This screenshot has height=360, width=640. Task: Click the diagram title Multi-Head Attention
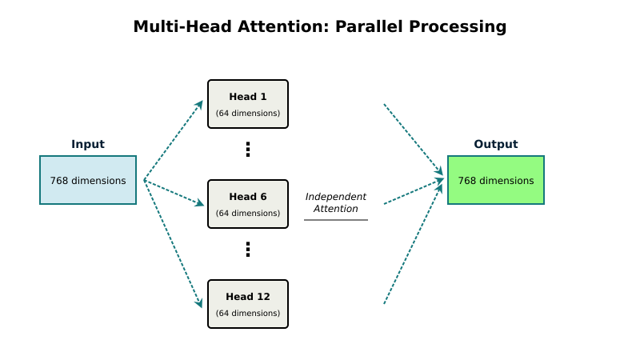click(319, 26)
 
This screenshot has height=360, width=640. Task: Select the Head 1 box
click(247, 103)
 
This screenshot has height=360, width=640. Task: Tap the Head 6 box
click(247, 203)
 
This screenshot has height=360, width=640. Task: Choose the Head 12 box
click(247, 303)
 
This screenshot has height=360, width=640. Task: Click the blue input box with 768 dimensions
click(88, 180)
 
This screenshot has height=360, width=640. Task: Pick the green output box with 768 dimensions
click(495, 180)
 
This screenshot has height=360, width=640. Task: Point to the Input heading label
click(88, 145)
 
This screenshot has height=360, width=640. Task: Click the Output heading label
click(495, 145)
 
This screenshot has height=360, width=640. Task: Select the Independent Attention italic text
click(335, 202)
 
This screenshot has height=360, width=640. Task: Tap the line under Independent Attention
click(335, 220)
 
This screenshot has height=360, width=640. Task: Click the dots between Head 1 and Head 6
click(248, 150)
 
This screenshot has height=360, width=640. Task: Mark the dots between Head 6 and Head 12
click(248, 250)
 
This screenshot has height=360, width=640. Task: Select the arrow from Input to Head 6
click(174, 192)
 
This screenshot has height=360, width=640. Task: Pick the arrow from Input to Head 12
click(173, 243)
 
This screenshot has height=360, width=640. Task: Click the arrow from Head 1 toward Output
click(413, 139)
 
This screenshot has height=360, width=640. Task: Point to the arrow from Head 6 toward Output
click(413, 192)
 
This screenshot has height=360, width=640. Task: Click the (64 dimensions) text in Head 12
click(248, 314)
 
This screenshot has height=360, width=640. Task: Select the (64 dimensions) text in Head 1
click(248, 114)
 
